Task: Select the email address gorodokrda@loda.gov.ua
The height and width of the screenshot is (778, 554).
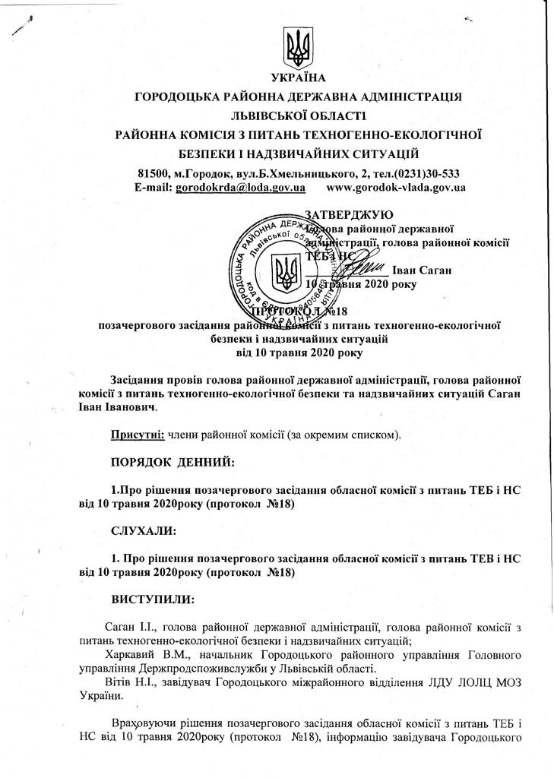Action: pos(240,187)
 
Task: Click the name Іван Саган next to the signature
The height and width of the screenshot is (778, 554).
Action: pos(423,270)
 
